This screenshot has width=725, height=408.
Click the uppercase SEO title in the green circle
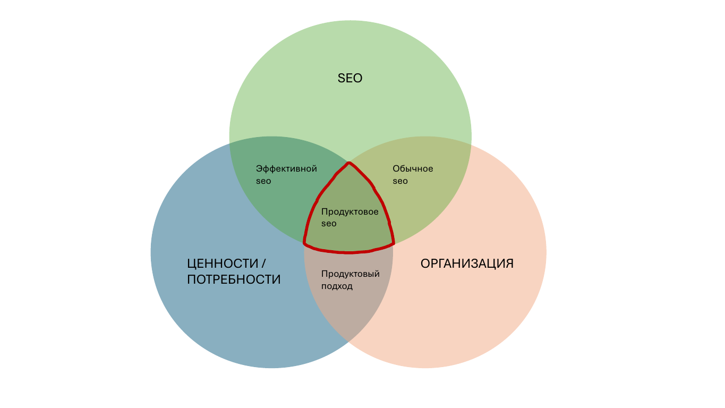click(350, 78)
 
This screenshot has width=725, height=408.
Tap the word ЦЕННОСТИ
click(223, 263)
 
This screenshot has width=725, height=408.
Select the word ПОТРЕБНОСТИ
click(234, 279)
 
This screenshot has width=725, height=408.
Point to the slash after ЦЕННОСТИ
click(263, 263)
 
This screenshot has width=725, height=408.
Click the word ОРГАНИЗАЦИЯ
click(467, 263)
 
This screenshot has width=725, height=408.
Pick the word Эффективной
click(286, 169)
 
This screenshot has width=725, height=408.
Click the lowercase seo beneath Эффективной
click(263, 181)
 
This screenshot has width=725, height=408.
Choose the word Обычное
click(413, 169)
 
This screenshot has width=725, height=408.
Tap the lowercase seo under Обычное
click(400, 181)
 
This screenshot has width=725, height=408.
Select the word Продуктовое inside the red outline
click(349, 212)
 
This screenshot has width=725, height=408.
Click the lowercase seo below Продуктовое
click(329, 224)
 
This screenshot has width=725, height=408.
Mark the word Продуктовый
click(350, 274)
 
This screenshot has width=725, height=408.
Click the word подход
click(337, 286)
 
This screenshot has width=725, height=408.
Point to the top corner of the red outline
click(349, 163)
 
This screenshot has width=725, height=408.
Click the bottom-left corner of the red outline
click(304, 243)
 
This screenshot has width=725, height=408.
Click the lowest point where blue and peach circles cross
click(348, 342)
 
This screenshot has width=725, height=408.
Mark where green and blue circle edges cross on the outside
click(230, 143)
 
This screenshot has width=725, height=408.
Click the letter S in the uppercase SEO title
click(342, 78)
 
